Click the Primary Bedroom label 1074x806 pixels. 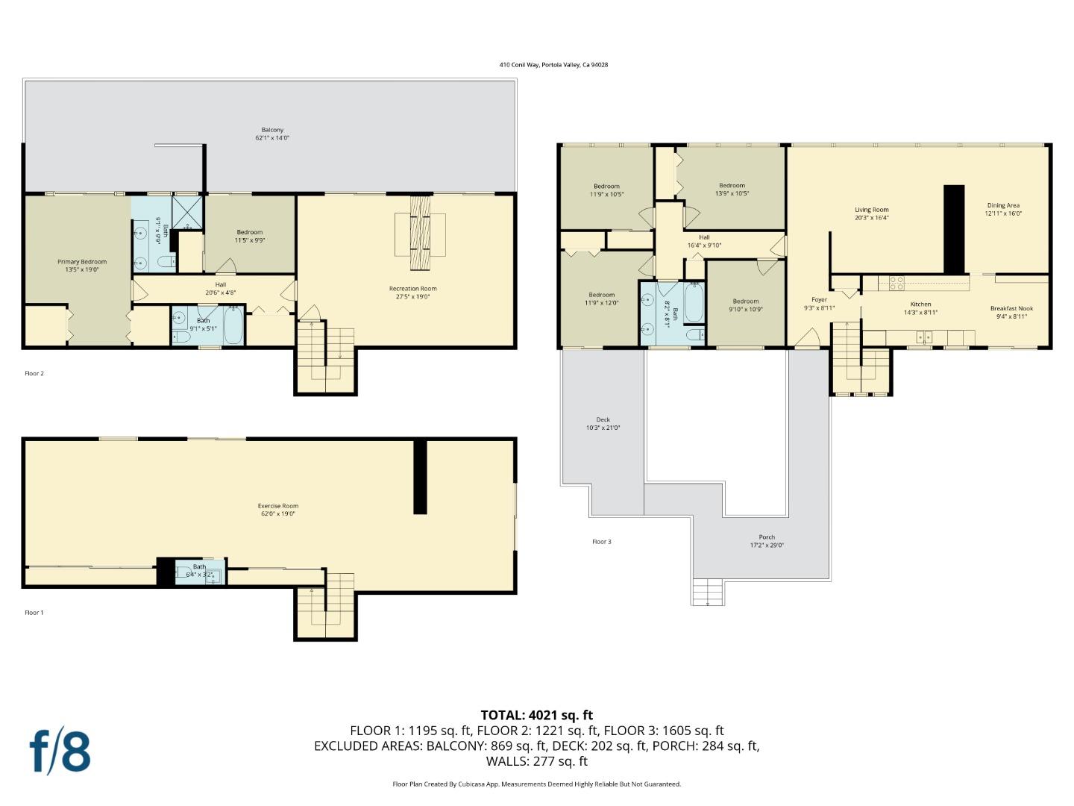tap(82, 262)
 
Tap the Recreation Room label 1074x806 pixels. tap(412, 289)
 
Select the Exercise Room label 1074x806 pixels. tap(278, 506)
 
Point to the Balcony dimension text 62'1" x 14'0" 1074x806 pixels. tap(272, 138)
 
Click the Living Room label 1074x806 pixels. tap(871, 210)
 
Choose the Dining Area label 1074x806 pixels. tap(1003, 205)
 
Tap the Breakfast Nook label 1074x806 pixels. tap(1011, 308)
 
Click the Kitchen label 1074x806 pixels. tap(920, 304)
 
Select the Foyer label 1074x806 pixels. tap(819, 300)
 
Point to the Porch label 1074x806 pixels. tap(767, 537)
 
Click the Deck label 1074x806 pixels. tap(603, 419)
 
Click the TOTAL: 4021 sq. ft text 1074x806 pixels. tap(536, 715)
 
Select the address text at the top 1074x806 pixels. tap(553, 65)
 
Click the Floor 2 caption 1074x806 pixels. tap(34, 373)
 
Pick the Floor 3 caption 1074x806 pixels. tap(601, 542)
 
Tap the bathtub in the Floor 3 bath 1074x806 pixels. tap(694, 302)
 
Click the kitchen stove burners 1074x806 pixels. tap(896, 283)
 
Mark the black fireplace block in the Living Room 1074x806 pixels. tap(954, 229)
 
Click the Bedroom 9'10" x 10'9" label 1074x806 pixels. tap(745, 302)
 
